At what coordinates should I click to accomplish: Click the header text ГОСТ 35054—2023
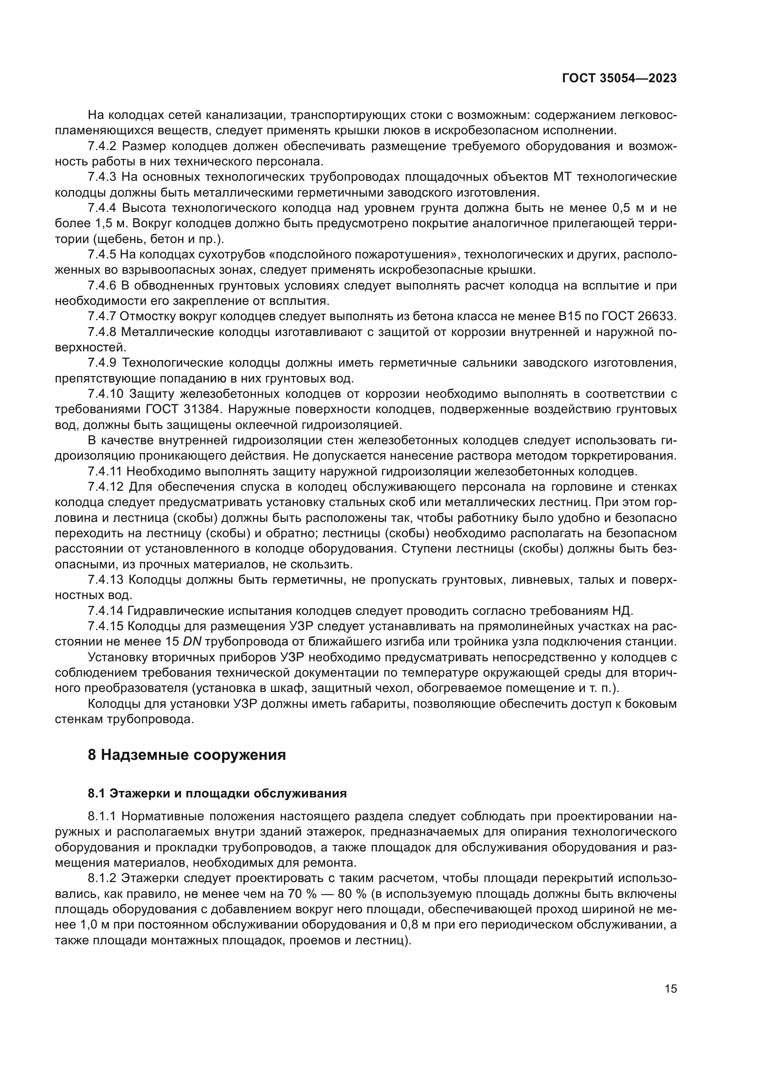619,79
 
